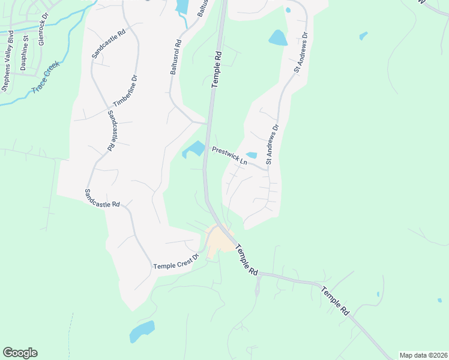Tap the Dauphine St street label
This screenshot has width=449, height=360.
pyautogui.click(x=25, y=53)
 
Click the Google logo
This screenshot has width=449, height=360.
pyautogui.click(x=20, y=353)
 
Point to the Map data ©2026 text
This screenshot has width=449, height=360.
pyautogui.click(x=423, y=355)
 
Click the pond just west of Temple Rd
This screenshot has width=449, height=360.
pyautogui.click(x=194, y=149)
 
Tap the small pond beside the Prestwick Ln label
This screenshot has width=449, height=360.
pyautogui.click(x=252, y=155)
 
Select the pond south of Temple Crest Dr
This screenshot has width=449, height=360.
pyautogui.click(x=142, y=331)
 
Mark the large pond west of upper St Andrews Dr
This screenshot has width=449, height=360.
pyautogui.click(x=277, y=38)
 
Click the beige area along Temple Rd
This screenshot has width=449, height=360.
pyautogui.click(x=218, y=240)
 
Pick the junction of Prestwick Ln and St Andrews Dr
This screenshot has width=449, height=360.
pyautogui.click(x=268, y=170)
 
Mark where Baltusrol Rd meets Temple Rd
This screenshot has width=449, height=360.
pyautogui.click(x=207, y=124)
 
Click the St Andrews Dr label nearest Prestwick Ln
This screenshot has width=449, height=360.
pyautogui.click(x=273, y=145)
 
